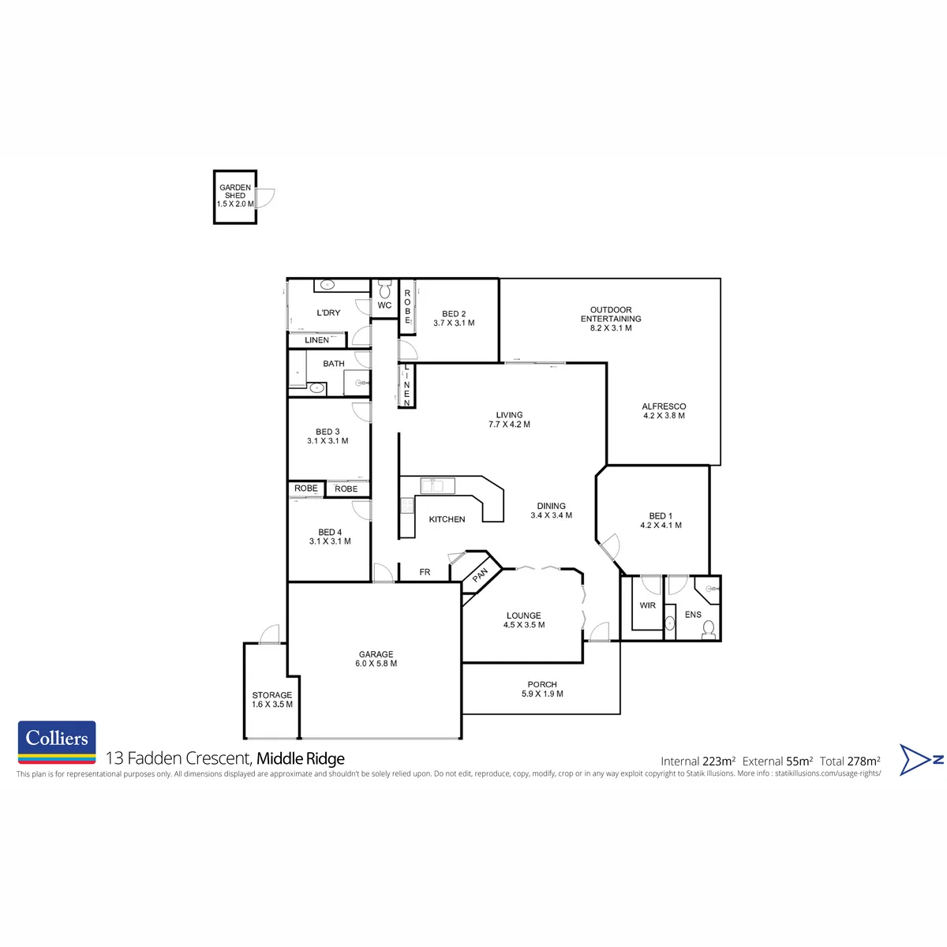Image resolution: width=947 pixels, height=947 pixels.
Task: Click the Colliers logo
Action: coord(57,742)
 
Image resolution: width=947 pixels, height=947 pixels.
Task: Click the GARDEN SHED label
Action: coord(235,191)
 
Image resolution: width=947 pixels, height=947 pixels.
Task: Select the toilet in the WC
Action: coord(384,289)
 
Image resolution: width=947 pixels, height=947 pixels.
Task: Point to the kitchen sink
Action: coord(437,485)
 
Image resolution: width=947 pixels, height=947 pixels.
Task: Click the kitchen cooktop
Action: coord(407,505)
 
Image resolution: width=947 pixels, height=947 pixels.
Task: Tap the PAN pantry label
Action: coord(480,575)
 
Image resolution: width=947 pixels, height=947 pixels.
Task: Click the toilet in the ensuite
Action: coord(708,630)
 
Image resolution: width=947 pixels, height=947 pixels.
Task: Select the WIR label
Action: coord(647,605)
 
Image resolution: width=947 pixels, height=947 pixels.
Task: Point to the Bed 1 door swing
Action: coord(611,546)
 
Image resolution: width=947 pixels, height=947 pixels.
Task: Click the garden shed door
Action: coord(265,197)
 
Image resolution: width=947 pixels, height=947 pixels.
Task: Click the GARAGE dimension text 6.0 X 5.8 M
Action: coord(376,663)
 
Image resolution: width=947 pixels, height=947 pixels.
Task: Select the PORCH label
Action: coord(542,684)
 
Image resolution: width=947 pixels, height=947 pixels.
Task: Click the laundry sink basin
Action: coord(328,285)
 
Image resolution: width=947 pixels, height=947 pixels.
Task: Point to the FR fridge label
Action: coord(425,571)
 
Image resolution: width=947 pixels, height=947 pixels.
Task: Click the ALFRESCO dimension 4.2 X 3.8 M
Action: coord(664,415)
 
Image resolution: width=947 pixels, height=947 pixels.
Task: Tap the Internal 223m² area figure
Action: coord(698,762)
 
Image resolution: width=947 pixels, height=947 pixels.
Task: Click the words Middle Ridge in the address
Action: coord(300,758)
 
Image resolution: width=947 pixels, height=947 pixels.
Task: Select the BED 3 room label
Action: coord(328,432)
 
